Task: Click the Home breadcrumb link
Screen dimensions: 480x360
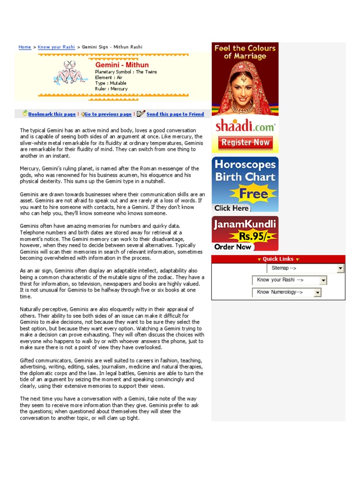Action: [x=25, y=47]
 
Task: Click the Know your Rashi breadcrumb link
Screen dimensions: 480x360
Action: [x=56, y=47]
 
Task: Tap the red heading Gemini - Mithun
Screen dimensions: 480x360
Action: [x=122, y=65]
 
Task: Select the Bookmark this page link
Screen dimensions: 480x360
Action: [x=52, y=114]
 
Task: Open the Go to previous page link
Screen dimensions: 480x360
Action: [x=108, y=114]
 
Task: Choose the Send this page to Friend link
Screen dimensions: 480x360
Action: [x=175, y=114]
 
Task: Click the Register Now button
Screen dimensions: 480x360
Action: [x=245, y=142]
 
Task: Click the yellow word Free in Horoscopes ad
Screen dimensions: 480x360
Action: [x=254, y=193]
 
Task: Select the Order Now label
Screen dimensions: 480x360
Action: [x=233, y=247]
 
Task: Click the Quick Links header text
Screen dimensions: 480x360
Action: [x=278, y=259]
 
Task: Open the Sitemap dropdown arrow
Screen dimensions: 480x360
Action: [x=340, y=268]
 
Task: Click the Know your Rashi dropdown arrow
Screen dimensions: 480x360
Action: [x=323, y=280]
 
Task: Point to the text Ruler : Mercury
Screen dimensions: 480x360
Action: [x=111, y=89]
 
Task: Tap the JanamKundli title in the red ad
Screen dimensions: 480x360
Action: [x=245, y=224]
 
